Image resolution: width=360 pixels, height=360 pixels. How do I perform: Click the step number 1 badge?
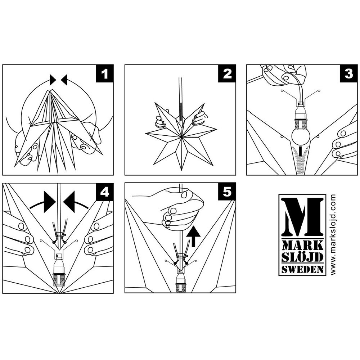coord(104,74)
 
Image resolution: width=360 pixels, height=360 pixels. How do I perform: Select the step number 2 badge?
coord(227,74)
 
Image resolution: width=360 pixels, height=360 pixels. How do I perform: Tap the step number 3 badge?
coord(348,74)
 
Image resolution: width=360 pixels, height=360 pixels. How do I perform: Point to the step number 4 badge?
coord(104,192)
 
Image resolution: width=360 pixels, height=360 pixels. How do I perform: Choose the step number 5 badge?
coord(227,192)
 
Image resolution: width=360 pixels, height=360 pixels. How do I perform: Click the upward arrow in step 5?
coord(193,236)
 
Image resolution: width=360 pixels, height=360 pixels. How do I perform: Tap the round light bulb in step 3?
coord(301,136)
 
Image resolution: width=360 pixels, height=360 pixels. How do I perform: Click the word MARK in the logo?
coord(303,246)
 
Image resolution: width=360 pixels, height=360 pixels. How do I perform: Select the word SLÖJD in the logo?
coord(303,257)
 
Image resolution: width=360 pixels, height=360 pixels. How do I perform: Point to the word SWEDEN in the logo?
coord(303,269)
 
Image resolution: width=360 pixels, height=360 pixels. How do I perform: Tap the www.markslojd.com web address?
coord(333,235)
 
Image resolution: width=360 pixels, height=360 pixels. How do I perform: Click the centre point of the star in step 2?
coord(181,137)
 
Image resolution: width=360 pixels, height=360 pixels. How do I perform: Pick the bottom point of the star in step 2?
coord(181,170)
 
